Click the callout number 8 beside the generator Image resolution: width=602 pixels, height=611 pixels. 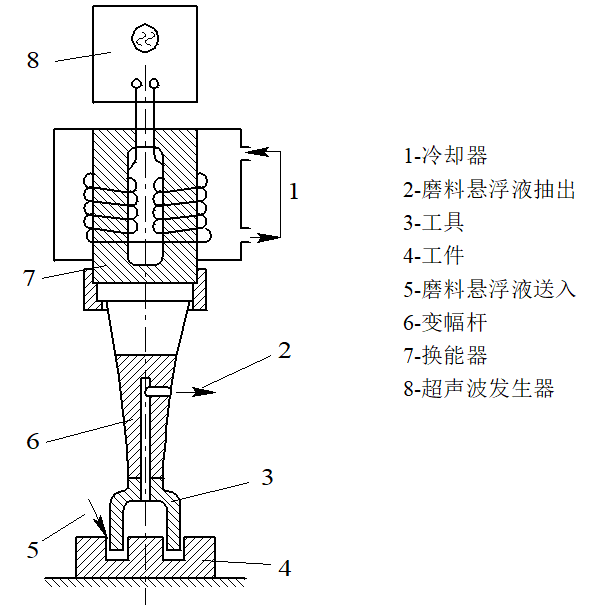tap(33, 59)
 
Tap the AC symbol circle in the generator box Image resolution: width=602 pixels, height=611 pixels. tap(146, 39)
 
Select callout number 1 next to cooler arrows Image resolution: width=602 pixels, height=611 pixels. tap(294, 191)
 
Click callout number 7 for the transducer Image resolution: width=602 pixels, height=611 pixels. tap(30, 278)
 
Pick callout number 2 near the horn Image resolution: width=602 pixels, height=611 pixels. tap(284, 350)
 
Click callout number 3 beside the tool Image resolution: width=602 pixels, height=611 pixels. tap(266, 476)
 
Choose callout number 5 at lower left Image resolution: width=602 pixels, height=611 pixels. tap(33, 549)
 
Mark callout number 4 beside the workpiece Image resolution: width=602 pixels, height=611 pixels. tap(284, 568)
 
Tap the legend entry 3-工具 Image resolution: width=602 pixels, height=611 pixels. tap(434, 222)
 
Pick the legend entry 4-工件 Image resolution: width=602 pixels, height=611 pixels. tap(434, 255)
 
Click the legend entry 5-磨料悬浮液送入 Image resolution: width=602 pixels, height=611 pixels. tap(489, 289)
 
